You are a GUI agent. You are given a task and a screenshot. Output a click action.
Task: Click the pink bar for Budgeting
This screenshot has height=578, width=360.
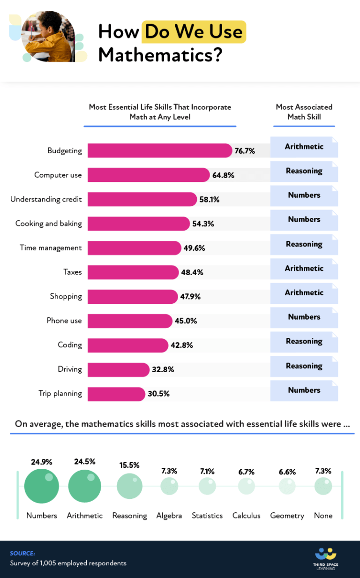coord(159,150)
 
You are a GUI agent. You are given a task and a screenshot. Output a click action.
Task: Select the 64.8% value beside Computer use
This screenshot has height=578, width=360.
coord(223,175)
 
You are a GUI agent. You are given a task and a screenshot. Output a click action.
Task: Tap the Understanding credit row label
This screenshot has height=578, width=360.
coord(46,199)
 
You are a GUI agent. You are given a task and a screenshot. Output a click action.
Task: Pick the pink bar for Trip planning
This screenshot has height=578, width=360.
coord(116,394)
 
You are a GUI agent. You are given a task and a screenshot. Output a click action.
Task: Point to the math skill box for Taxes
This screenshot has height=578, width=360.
coord(304,269)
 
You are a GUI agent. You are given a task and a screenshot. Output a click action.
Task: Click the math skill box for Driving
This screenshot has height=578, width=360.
coord(304,366)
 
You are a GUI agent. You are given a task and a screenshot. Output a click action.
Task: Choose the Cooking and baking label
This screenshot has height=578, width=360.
coord(49,224)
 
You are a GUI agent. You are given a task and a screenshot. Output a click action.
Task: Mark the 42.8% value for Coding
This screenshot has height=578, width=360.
coord(182,345)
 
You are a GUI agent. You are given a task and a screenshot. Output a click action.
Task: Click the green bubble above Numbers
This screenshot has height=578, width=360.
coord(42,486)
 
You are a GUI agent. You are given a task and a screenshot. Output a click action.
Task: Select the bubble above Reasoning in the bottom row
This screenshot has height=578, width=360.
coord(129,486)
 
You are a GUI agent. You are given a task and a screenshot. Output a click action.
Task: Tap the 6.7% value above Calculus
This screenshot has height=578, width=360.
coord(246,472)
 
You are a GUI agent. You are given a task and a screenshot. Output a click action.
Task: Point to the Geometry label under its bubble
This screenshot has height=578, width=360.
coord(287,516)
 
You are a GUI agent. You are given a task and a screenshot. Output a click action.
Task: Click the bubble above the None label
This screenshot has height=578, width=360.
coord(323,486)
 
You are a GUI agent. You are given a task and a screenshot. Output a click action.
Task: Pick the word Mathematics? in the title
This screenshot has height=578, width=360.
coord(160,55)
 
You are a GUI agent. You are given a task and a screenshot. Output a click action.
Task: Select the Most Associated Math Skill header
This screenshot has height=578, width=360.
coord(304,112)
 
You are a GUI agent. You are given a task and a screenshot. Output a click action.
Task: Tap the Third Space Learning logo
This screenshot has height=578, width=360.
coord(325,558)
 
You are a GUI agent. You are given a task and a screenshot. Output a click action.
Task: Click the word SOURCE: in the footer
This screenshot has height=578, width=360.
coord(22,553)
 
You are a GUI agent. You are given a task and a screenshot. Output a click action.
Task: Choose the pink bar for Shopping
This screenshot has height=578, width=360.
coord(133,297)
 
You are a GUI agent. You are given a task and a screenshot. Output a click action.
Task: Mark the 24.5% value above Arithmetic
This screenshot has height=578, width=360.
coord(84,462)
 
